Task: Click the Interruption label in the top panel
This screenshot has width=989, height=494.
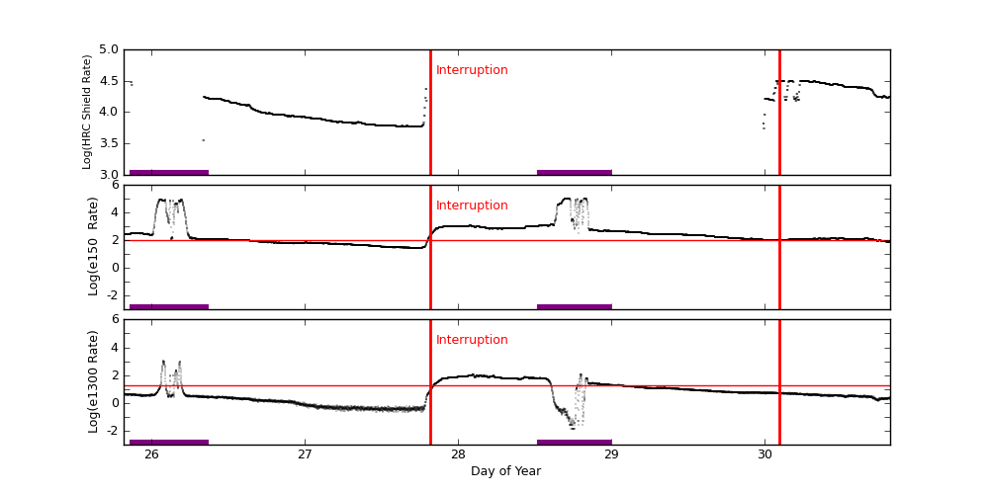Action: coord(472,70)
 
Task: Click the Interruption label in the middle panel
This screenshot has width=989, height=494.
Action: coord(472,206)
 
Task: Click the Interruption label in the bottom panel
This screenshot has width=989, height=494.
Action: coord(472,340)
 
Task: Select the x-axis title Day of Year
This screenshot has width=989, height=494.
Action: coord(505,471)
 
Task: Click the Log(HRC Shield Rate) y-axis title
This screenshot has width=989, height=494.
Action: coord(87,112)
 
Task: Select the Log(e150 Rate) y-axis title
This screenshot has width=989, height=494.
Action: coord(93,246)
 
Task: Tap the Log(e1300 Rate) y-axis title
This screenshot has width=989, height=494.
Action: coord(93,381)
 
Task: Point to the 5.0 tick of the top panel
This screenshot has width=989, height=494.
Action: coord(108,49)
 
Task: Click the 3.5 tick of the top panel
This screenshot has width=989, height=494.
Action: coord(108,143)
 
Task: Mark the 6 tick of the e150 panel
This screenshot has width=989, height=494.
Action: coord(115,185)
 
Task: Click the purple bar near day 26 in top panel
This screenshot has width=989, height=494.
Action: coord(169,172)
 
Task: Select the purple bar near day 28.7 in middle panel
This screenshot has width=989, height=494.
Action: coord(574,306)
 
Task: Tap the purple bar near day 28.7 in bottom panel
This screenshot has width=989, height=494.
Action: coord(574,442)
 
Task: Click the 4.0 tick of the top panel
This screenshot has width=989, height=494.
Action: coord(108,112)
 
